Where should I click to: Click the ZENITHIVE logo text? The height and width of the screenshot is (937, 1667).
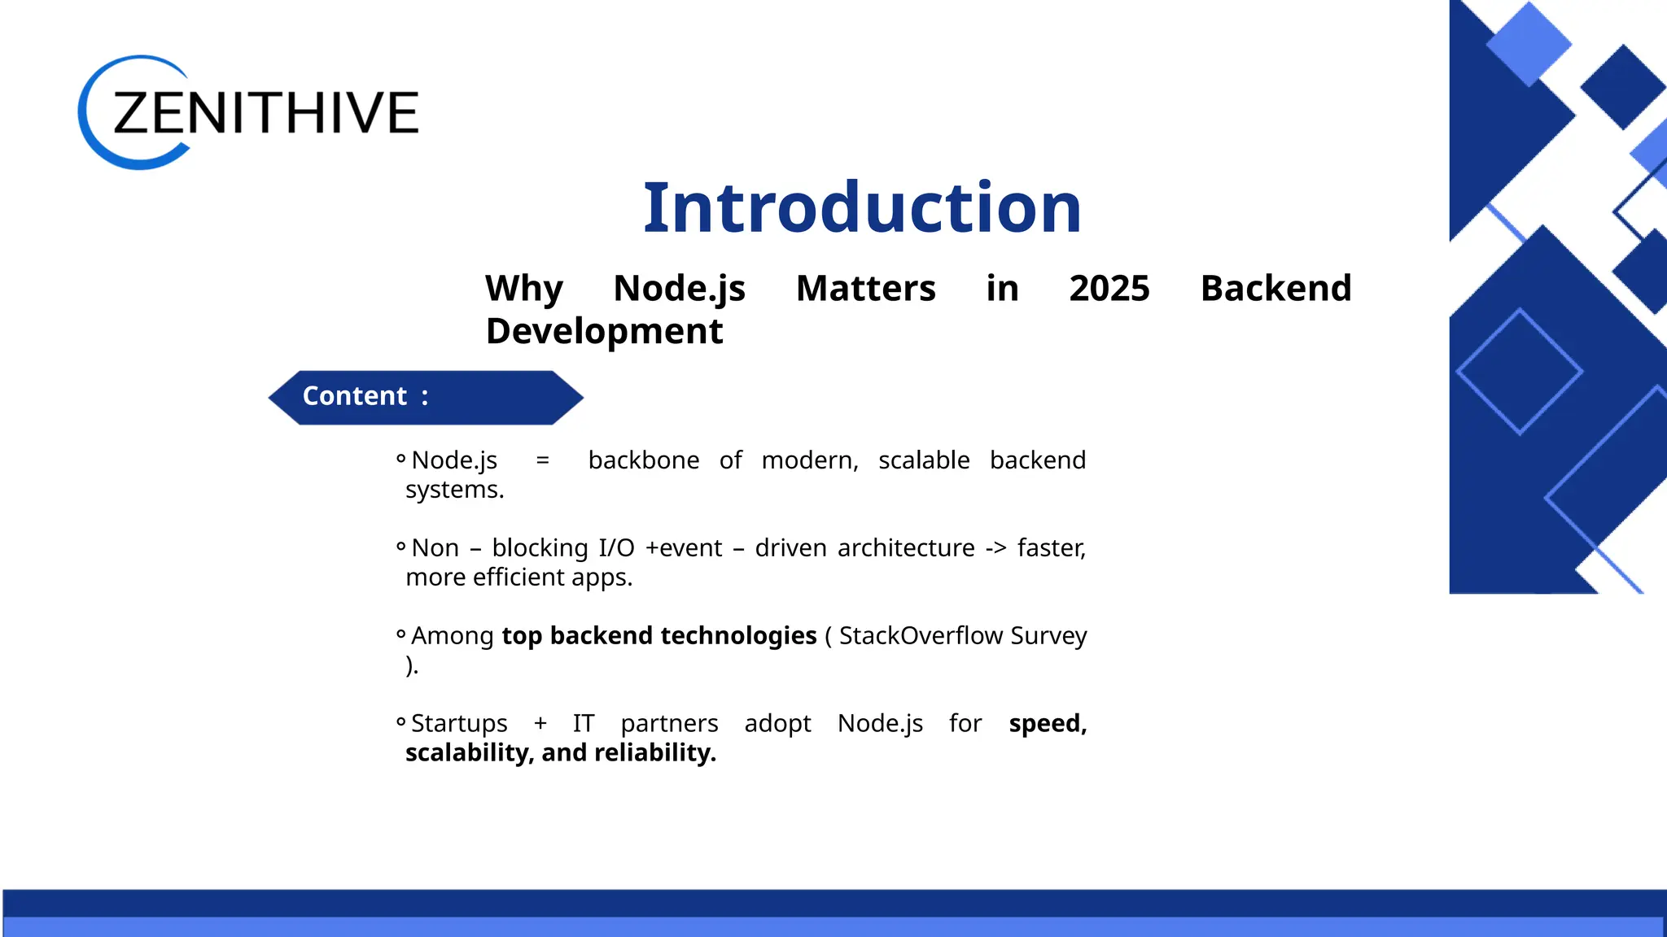pyautogui.click(x=265, y=112)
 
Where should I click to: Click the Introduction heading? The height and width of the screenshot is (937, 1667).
pyautogui.click(x=862, y=208)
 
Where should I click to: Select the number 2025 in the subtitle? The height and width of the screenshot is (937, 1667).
pyautogui.click(x=1109, y=289)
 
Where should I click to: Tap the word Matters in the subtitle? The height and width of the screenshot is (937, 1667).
pyautogui.click(x=865, y=289)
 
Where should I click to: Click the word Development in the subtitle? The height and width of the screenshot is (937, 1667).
pyautogui.click(x=604, y=332)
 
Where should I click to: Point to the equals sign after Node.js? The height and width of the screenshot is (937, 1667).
pyautogui.click(x=542, y=461)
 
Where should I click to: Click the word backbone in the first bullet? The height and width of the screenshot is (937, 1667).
pyautogui.click(x=643, y=460)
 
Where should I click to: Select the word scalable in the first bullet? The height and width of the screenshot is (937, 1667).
pyautogui.click(x=924, y=460)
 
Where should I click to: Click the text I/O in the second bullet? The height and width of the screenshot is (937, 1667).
pyautogui.click(x=616, y=548)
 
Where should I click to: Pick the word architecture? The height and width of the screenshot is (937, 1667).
pyautogui.click(x=905, y=548)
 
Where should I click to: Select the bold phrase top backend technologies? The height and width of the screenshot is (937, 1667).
pyautogui.click(x=658, y=636)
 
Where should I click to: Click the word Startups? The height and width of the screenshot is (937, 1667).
pyautogui.click(x=459, y=724)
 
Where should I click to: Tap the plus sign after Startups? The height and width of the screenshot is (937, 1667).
pyautogui.click(x=540, y=724)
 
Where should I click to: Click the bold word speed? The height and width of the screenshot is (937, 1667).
pyautogui.click(x=1045, y=724)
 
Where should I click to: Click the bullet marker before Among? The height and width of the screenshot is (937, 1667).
pyautogui.click(x=400, y=634)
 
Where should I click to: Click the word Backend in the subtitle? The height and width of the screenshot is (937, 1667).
pyautogui.click(x=1275, y=289)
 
